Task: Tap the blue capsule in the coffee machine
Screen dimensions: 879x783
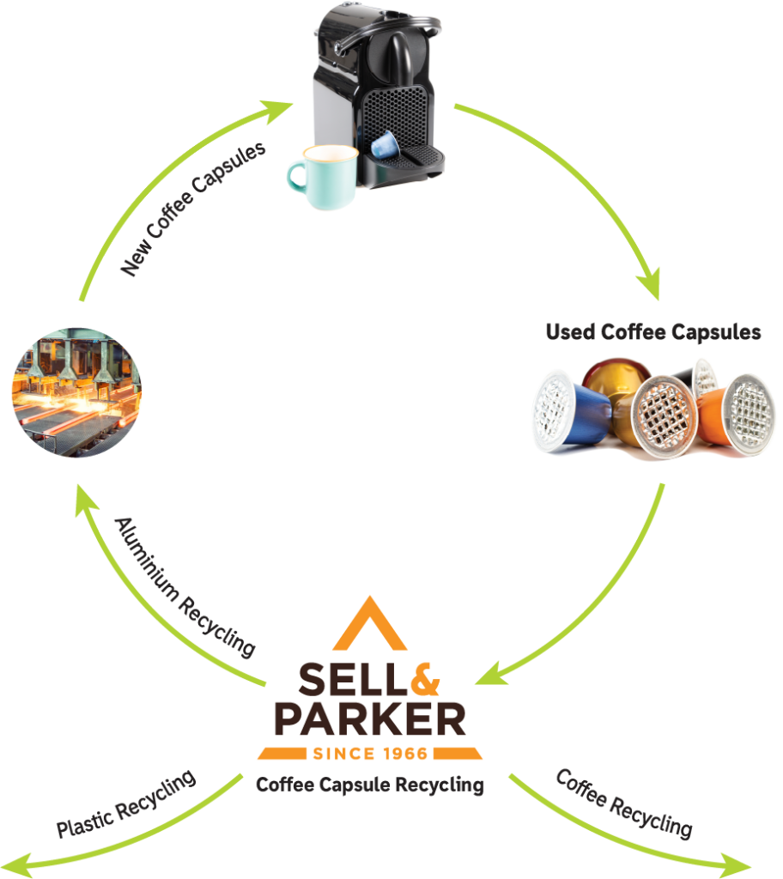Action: [384, 143]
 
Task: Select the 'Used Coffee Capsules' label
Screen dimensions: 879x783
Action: [653, 333]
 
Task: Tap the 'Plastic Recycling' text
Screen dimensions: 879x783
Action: [125, 804]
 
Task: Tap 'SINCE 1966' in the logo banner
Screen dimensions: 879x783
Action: [370, 754]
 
